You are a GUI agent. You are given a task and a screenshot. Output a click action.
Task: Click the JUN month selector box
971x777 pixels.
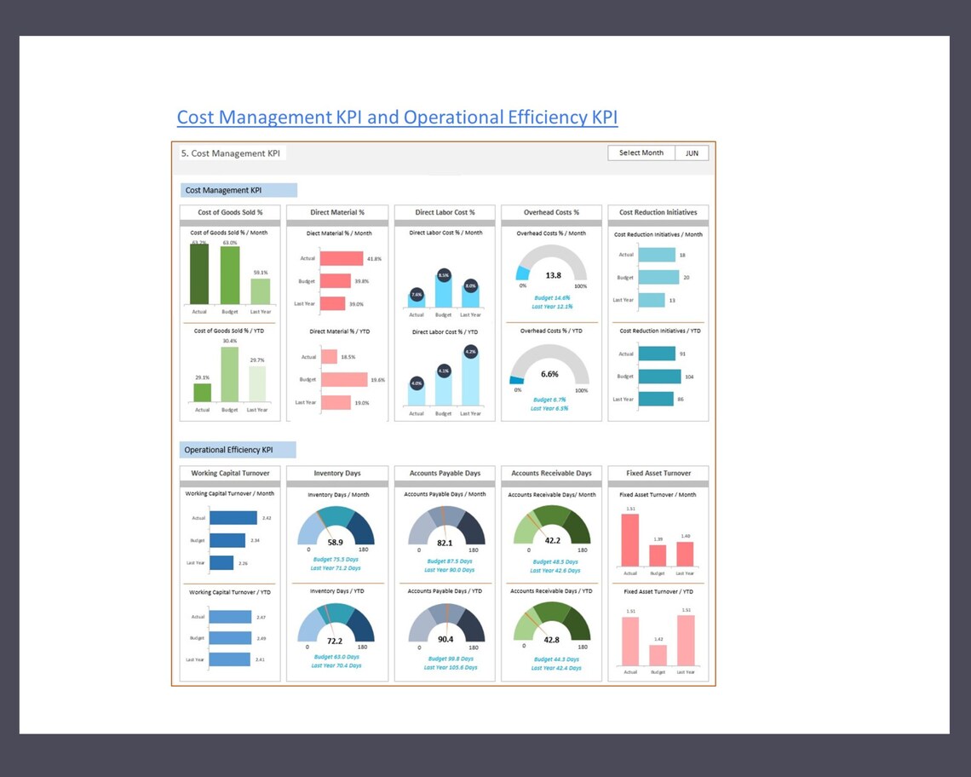tap(692, 153)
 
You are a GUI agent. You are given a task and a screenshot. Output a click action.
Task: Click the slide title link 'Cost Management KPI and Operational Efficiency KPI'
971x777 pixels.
tap(397, 117)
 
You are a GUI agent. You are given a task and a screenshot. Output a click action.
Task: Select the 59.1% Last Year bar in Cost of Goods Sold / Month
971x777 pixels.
tap(260, 291)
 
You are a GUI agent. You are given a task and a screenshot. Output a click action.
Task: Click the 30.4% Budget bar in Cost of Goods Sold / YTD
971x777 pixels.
tap(230, 374)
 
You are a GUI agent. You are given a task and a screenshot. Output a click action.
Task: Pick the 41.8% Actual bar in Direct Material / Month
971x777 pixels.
tap(339, 258)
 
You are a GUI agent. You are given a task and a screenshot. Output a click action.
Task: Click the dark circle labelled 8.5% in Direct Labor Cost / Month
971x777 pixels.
tap(444, 275)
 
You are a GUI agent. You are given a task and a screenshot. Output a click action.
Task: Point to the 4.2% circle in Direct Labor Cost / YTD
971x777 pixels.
tap(470, 351)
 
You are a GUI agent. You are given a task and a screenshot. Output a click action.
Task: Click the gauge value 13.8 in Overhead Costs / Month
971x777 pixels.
tap(553, 275)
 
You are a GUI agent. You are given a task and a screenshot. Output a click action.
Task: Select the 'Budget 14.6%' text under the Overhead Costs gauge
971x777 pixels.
tap(552, 297)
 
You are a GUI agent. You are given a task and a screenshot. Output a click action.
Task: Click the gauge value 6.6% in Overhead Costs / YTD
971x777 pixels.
tap(550, 374)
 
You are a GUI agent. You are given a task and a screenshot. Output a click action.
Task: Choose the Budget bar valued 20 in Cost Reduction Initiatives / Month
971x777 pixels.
tap(658, 277)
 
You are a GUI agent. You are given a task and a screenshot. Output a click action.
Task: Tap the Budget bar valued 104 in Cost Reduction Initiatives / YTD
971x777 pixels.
tap(659, 377)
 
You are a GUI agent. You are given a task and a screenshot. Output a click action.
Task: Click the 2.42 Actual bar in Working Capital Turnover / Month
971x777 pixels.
tap(233, 518)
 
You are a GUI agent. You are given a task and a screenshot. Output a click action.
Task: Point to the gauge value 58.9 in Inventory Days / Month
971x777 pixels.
tap(336, 542)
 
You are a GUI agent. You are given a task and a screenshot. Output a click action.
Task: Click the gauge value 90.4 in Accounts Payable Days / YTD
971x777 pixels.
tap(445, 639)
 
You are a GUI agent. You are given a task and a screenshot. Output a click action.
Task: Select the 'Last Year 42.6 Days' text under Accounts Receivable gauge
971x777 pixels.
tap(552, 570)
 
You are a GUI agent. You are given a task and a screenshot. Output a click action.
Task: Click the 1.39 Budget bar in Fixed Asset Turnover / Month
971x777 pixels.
tap(658, 555)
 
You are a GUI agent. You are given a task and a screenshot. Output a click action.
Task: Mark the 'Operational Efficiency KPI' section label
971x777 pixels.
tap(229, 450)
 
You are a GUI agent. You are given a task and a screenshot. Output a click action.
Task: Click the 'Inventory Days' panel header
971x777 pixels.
tap(336, 473)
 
